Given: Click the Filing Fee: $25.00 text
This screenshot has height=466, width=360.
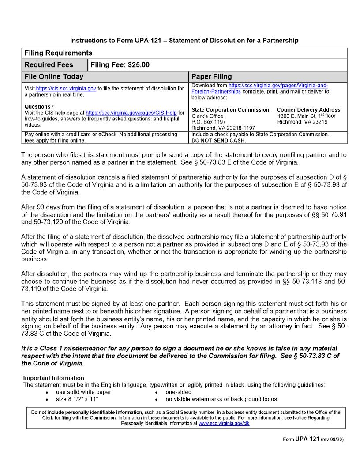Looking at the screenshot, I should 120,65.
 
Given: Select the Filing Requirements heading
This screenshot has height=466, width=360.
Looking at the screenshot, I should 58,53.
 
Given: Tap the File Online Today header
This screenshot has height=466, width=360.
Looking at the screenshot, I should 54,77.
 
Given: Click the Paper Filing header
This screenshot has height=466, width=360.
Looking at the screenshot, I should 211,77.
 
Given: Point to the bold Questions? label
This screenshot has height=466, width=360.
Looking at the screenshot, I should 39,107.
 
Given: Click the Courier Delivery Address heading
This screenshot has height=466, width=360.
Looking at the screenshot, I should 308,110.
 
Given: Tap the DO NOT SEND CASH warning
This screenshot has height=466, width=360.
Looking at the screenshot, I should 218,140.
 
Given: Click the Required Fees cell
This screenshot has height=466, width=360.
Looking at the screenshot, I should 49,65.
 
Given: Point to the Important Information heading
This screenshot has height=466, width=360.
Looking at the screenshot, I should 53,378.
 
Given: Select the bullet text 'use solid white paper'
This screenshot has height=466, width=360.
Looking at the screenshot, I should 84,392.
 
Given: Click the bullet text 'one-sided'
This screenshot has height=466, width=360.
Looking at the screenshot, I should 179,392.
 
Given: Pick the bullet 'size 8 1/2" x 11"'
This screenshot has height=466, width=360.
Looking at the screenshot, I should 77,399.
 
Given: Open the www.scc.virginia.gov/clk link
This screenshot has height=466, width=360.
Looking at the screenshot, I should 224,423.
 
